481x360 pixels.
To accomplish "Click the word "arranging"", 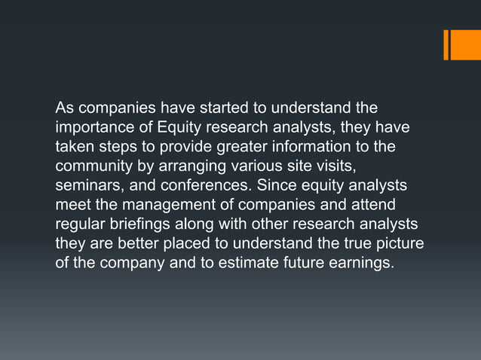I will [193, 165].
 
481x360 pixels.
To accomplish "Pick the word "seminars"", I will [85, 185].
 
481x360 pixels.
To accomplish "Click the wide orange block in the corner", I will [465, 44].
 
